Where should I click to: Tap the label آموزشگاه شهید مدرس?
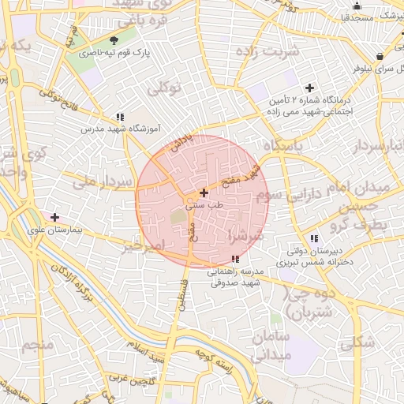click(121, 128)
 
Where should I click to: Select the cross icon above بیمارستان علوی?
click(54, 217)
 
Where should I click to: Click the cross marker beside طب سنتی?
click(204, 192)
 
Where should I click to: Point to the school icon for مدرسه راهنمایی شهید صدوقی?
click(236, 259)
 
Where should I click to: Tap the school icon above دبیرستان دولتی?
click(314, 238)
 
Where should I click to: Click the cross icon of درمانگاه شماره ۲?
click(309, 88)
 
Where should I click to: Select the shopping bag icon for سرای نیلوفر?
click(380, 56)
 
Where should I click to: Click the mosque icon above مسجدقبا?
click(357, 6)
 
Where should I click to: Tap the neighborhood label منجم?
click(37, 345)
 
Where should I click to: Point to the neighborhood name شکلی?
click(357, 342)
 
